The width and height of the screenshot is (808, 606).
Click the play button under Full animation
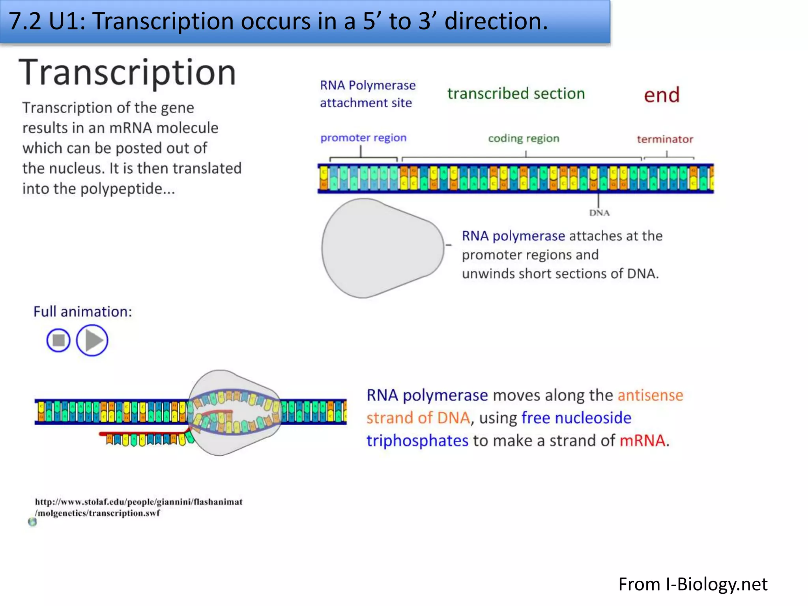92,340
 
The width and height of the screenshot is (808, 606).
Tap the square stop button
58,340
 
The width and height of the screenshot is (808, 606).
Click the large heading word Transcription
127,73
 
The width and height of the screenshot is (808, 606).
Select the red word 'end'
662,95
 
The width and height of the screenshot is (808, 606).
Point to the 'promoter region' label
363,138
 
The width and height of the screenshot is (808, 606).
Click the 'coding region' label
524,138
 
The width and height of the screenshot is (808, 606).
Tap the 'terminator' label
665,139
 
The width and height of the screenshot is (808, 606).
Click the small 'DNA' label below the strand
599,213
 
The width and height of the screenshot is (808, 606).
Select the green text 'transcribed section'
516,94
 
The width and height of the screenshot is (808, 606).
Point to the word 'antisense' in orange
650,395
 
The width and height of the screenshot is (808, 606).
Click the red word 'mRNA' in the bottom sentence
643,441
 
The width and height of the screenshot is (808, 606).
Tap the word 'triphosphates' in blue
417,441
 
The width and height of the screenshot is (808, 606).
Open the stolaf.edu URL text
138,507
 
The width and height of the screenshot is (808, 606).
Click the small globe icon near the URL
32,522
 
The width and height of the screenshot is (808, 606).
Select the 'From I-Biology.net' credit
693,584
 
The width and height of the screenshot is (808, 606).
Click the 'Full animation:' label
82,312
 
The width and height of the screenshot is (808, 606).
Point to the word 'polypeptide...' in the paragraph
127,189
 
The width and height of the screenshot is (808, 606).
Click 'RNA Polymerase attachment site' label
368,94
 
